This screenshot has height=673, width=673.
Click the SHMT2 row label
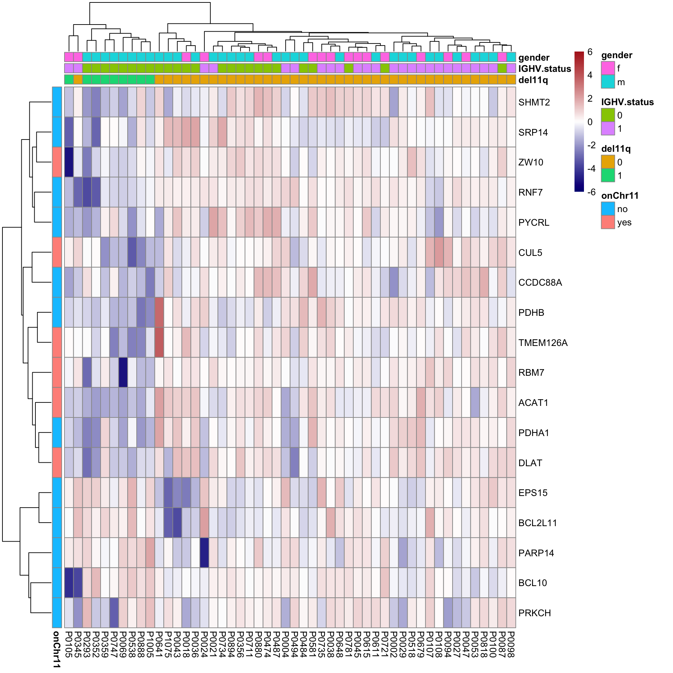(x=534, y=102)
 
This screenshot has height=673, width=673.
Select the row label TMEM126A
(x=543, y=343)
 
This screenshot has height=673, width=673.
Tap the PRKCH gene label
(x=535, y=613)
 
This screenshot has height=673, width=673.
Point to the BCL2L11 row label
(x=537, y=523)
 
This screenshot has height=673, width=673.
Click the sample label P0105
(x=69, y=645)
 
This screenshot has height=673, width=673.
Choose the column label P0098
(x=511, y=645)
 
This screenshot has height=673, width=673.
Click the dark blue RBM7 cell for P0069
(x=123, y=372)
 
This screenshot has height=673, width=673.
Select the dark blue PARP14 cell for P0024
(x=204, y=553)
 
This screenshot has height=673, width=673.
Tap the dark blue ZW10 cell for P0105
(x=69, y=162)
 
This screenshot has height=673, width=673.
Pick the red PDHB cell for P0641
(x=159, y=312)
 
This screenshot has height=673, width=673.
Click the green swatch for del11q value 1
(x=608, y=175)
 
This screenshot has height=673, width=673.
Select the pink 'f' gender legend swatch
(x=608, y=68)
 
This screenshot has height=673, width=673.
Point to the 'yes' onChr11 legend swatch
(x=608, y=222)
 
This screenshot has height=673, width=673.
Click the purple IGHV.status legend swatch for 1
(x=608, y=129)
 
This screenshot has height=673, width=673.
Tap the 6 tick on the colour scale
(x=590, y=52)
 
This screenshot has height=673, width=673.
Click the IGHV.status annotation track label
(x=544, y=69)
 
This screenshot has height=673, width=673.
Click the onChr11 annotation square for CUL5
(x=57, y=252)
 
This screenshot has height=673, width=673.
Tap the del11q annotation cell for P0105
(x=69, y=80)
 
